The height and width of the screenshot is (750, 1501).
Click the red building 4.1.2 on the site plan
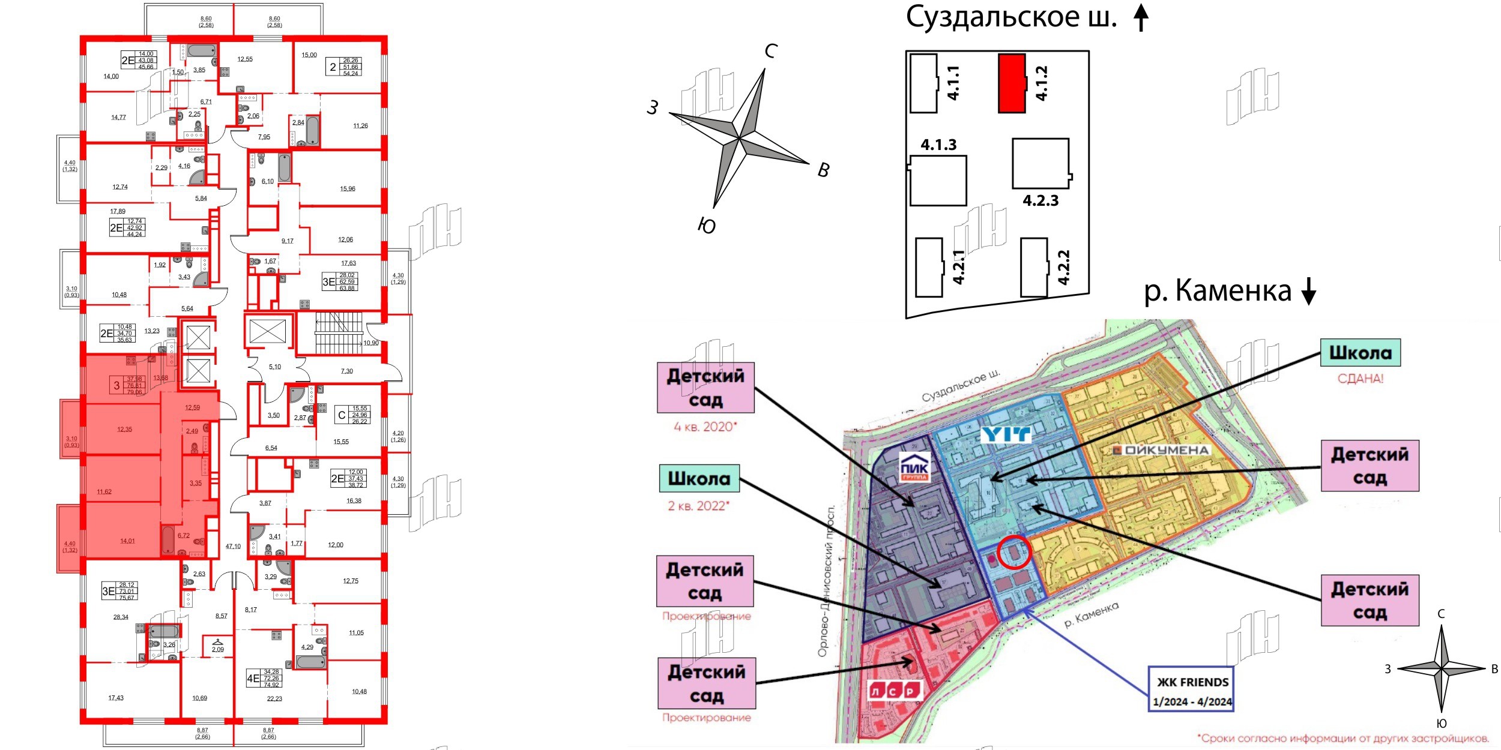click(1012, 83)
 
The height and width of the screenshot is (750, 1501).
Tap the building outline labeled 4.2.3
click(1040, 164)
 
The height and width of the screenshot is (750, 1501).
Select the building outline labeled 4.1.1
click(923, 83)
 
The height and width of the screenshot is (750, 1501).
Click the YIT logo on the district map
click(1006, 435)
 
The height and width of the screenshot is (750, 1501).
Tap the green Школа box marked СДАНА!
click(1360, 353)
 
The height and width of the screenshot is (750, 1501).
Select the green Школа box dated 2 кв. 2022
click(699, 479)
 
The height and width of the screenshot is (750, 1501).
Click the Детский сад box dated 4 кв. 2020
click(705, 388)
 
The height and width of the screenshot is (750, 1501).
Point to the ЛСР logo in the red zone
click(895, 691)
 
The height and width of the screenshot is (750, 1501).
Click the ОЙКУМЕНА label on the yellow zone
click(1161, 450)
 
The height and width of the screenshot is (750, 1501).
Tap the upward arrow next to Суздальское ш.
click(1141, 17)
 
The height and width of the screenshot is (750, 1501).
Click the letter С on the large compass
click(772, 52)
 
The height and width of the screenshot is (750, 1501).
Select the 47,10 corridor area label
click(233, 547)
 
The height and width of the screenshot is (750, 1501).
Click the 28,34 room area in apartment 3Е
click(121, 617)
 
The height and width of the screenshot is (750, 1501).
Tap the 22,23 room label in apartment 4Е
click(274, 699)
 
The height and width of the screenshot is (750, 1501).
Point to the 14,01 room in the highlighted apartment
click(127, 541)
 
